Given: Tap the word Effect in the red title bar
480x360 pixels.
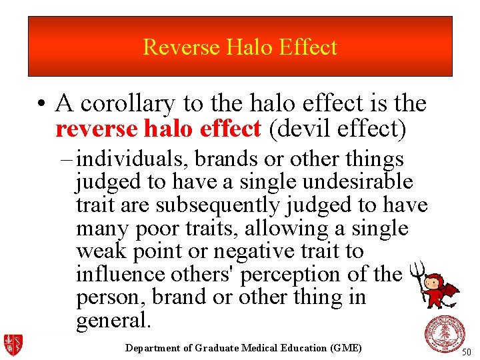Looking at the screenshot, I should click(x=308, y=47).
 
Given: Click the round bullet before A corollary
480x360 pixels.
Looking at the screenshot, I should click(x=41, y=105).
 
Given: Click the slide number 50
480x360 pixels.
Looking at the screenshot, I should click(x=467, y=352).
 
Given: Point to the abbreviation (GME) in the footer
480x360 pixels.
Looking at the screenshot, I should click(x=345, y=348).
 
